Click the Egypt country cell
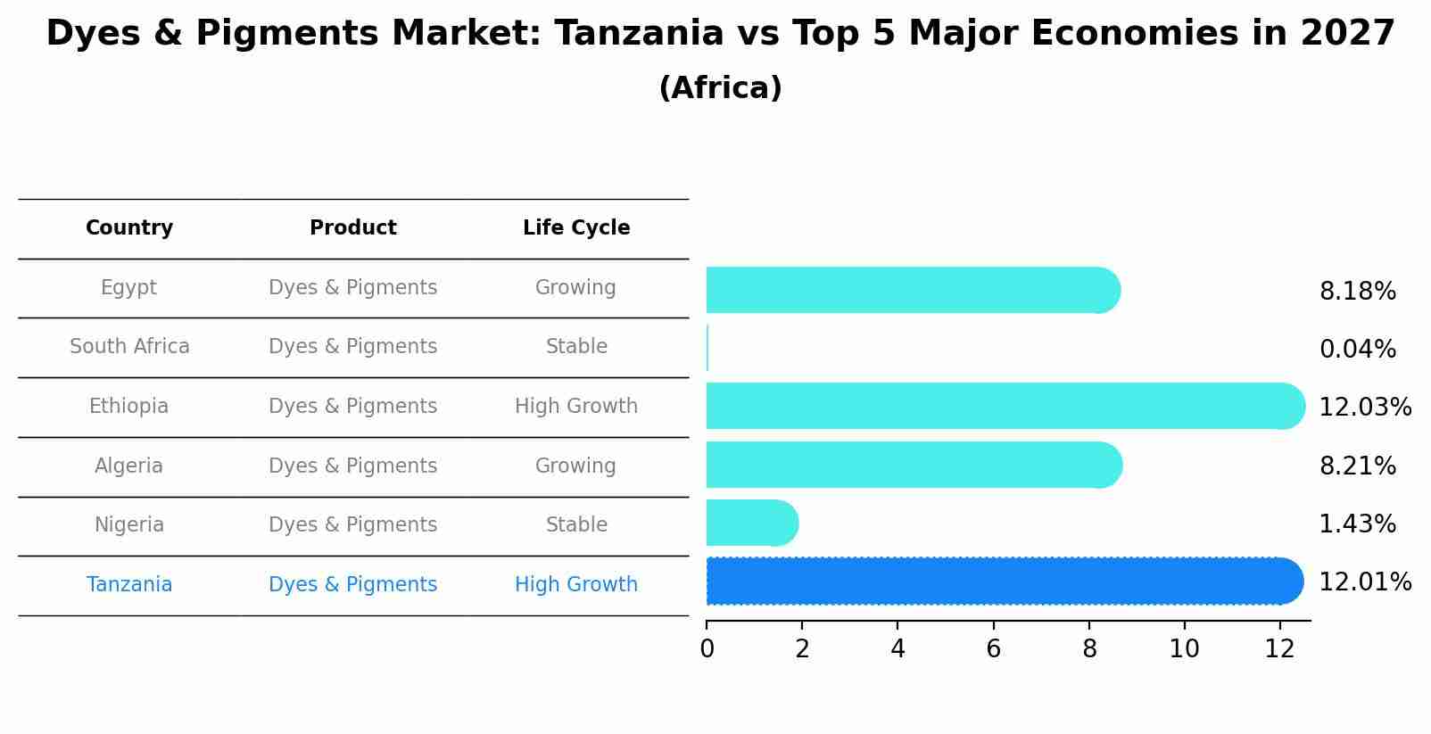[x=128, y=288]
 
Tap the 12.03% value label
[x=1364, y=408]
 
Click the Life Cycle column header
[x=575, y=228]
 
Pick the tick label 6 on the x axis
[x=993, y=649]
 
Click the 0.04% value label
[x=1357, y=350]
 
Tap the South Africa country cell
[x=129, y=347]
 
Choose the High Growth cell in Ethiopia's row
[x=575, y=407]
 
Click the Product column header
[x=352, y=228]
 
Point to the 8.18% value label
[x=1357, y=292]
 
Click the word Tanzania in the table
[x=129, y=585]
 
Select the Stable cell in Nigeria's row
[x=575, y=525]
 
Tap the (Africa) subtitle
[x=720, y=88]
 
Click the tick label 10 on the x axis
[x=1184, y=649]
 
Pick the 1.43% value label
[x=1357, y=524]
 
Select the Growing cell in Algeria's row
[x=575, y=466]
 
